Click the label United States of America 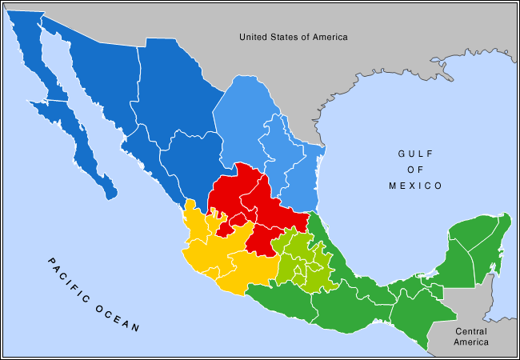tap(294, 37)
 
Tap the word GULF tap(414, 154)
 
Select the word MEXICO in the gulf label tap(414, 186)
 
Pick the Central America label tap(470, 337)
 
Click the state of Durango tap(192, 160)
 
